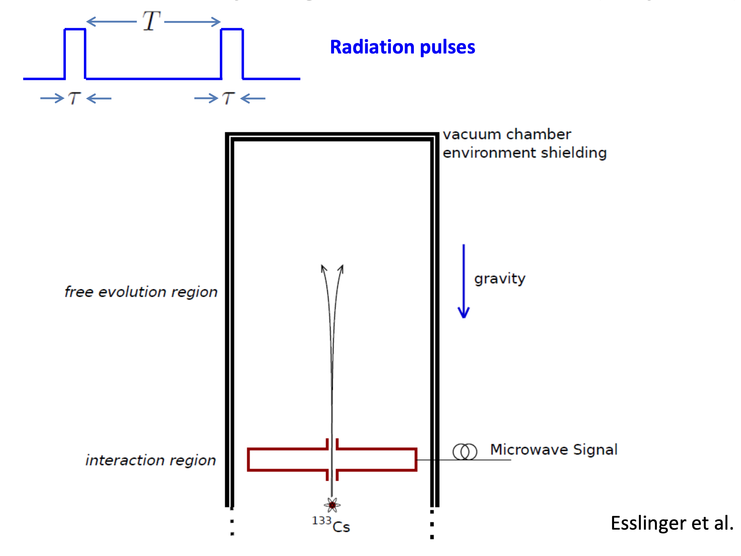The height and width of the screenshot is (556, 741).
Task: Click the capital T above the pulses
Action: (151, 21)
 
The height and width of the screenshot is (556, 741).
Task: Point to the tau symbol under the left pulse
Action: (75, 98)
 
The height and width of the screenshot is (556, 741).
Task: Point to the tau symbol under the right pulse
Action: (229, 98)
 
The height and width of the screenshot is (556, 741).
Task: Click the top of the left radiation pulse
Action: (75, 29)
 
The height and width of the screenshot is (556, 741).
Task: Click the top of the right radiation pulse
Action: (232, 29)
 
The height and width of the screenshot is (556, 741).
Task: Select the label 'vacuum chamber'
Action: (506, 134)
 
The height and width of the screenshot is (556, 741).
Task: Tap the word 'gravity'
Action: (499, 279)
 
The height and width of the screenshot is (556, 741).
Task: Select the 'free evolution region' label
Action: (141, 292)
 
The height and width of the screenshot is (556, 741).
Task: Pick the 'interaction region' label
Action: (150, 460)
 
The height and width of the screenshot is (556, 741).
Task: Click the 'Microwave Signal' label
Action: (553, 449)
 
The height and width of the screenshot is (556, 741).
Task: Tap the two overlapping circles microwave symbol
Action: (465, 451)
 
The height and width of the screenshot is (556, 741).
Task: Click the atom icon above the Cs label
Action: (332, 505)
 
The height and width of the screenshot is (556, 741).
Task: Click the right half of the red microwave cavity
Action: (377, 459)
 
